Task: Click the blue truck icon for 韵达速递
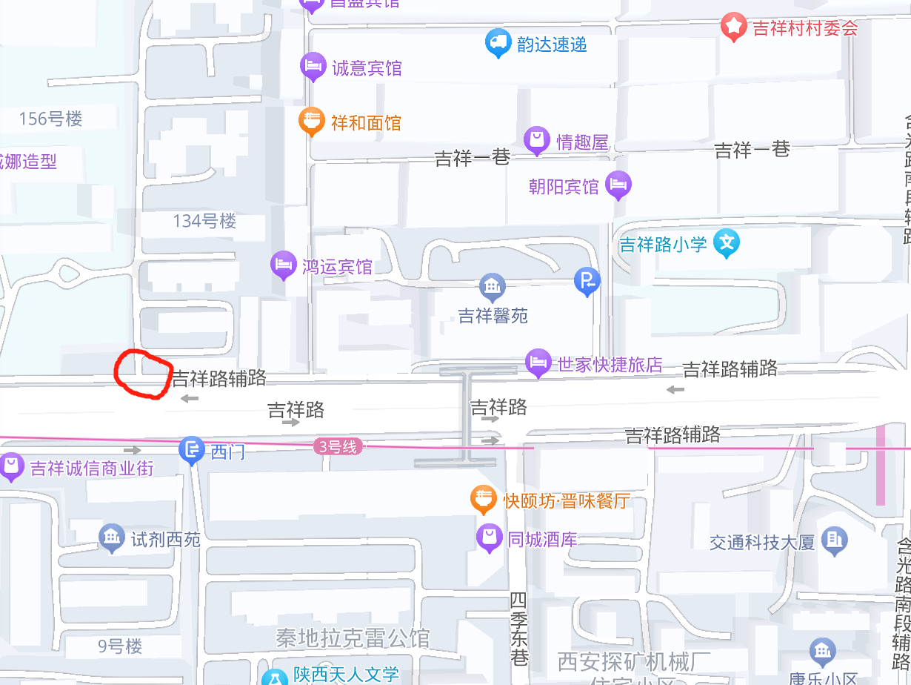(498, 43)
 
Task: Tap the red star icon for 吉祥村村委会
(733, 27)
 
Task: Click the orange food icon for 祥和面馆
(313, 120)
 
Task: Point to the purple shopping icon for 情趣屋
(537, 140)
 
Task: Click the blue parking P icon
(587, 280)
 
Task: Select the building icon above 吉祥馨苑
(492, 285)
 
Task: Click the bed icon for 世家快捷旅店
(538, 363)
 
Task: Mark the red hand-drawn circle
(141, 375)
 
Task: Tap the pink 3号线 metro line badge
(338, 447)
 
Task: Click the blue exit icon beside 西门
(192, 449)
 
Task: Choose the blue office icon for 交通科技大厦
(834, 540)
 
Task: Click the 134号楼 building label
(204, 221)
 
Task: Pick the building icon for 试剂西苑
(112, 537)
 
